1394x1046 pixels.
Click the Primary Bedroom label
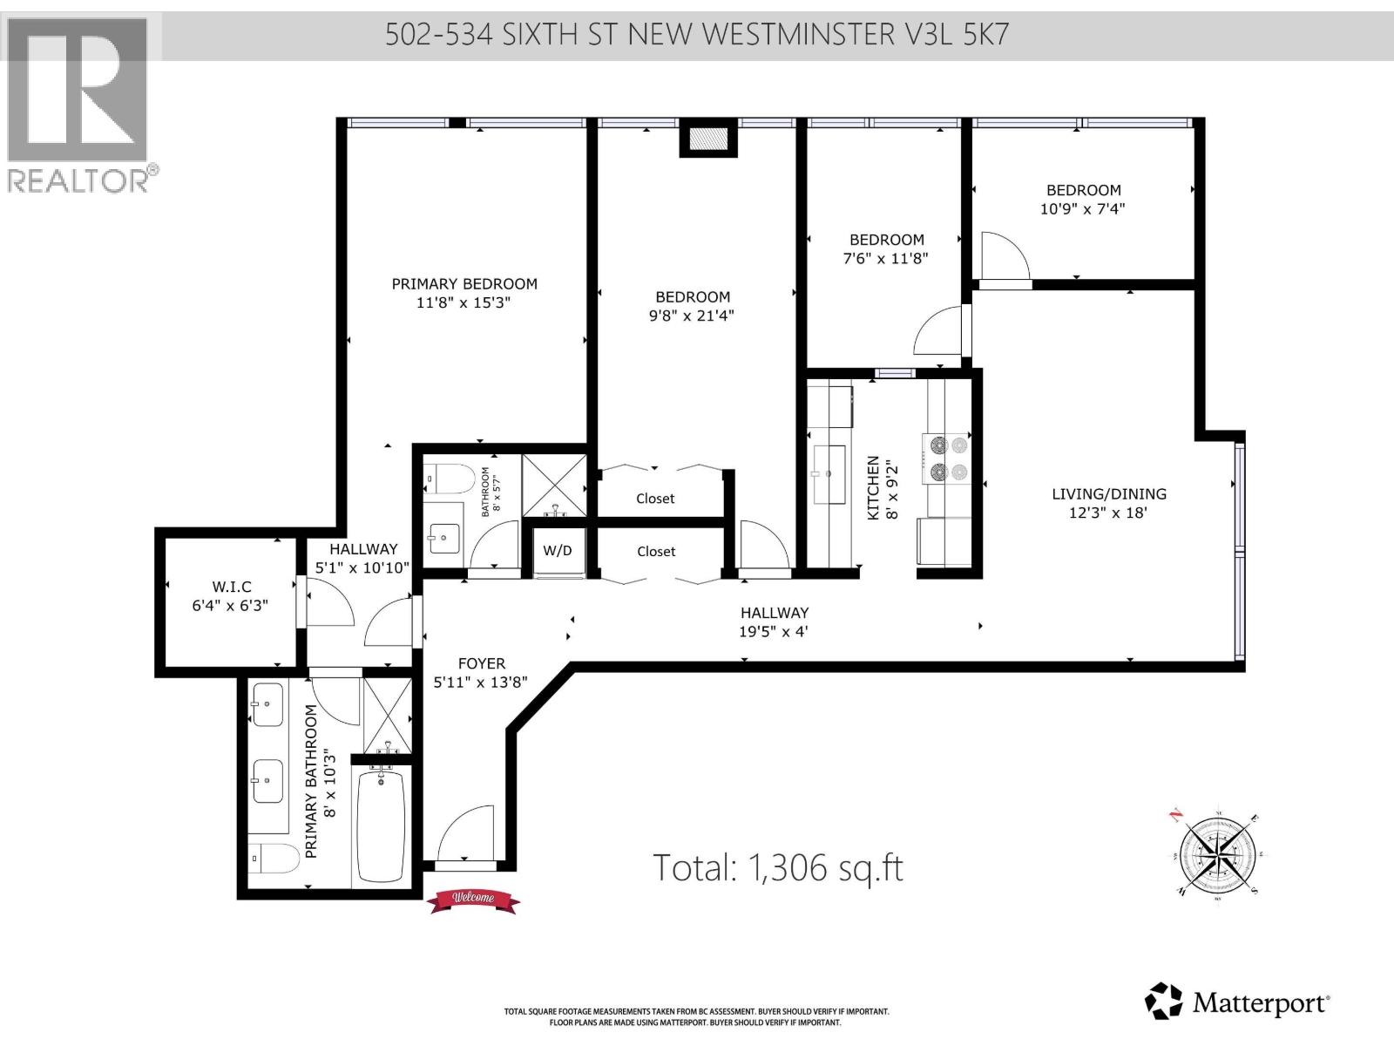click(x=464, y=283)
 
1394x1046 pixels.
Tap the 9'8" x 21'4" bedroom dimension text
click(x=692, y=316)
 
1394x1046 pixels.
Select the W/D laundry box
click(x=558, y=551)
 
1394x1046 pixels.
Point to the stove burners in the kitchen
click(x=947, y=458)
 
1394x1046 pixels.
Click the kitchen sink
click(x=827, y=473)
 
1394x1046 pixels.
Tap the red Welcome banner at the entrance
click(x=472, y=899)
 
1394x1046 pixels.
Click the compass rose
click(x=1217, y=852)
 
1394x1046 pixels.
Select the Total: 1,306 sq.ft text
click(x=777, y=867)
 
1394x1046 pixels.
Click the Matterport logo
click(x=1236, y=1003)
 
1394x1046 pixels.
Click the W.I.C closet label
click(x=231, y=587)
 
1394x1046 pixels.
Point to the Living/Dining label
click(x=1108, y=493)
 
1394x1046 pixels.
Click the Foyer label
click(x=481, y=663)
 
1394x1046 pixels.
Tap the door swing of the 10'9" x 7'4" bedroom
click(x=1004, y=255)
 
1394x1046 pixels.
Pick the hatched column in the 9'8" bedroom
click(x=708, y=139)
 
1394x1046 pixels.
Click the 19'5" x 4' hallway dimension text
click(x=774, y=631)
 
